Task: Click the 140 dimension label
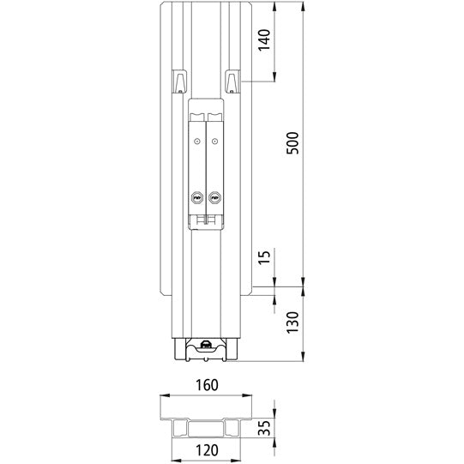click(x=264, y=39)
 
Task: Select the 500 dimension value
click(x=292, y=142)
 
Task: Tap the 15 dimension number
click(x=264, y=257)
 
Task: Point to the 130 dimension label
click(x=292, y=322)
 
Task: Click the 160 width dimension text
click(x=204, y=384)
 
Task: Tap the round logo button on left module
click(x=197, y=196)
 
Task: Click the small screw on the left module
click(x=197, y=141)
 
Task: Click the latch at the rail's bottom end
click(x=205, y=346)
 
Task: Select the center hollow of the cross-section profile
click(x=205, y=429)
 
